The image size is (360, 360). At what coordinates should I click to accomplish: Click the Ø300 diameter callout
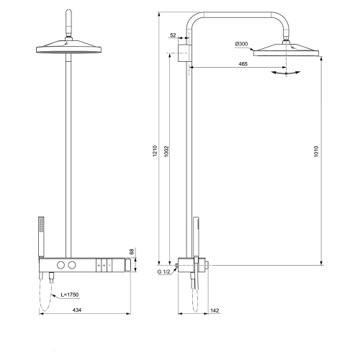pyautogui.click(x=241, y=45)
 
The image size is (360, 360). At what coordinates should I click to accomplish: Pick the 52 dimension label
pyautogui.click(x=174, y=35)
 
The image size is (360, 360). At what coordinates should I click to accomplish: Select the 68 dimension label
pyautogui.click(x=131, y=251)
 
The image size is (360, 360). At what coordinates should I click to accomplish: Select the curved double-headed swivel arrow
pyautogui.click(x=286, y=73)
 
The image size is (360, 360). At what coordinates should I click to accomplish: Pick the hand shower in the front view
pyautogui.click(x=40, y=235)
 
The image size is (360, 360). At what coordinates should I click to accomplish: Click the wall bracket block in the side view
pyautogui.click(x=186, y=52)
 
